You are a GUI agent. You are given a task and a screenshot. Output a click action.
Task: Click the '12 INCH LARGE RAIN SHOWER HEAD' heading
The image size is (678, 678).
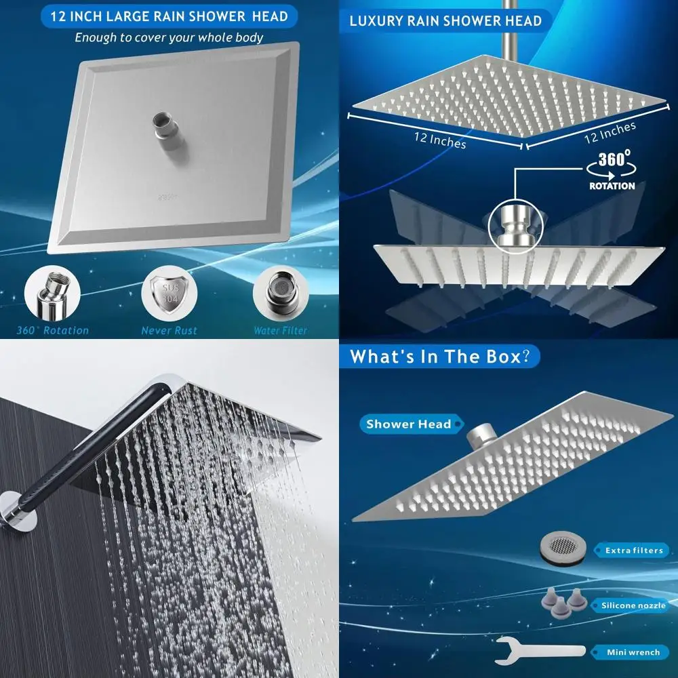[x=169, y=16]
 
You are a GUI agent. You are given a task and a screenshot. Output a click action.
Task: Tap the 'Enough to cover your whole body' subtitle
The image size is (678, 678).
[x=169, y=37]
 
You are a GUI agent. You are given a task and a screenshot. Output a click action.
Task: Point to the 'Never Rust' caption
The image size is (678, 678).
[x=169, y=331]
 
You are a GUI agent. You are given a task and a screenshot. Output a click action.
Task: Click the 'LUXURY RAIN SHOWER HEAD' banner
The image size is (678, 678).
[x=445, y=20]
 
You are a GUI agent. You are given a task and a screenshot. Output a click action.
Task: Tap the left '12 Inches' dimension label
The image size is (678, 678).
[x=441, y=140]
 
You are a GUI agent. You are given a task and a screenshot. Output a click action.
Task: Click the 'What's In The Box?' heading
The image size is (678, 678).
[x=441, y=357]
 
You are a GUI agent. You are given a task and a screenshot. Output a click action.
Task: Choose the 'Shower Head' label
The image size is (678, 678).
[x=408, y=424]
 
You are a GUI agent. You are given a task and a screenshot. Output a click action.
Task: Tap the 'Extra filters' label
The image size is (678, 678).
[x=633, y=551]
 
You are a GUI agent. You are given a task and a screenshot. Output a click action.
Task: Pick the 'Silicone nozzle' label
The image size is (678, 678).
[x=633, y=605]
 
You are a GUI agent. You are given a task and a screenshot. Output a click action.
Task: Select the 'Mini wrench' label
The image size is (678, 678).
[x=633, y=652]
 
